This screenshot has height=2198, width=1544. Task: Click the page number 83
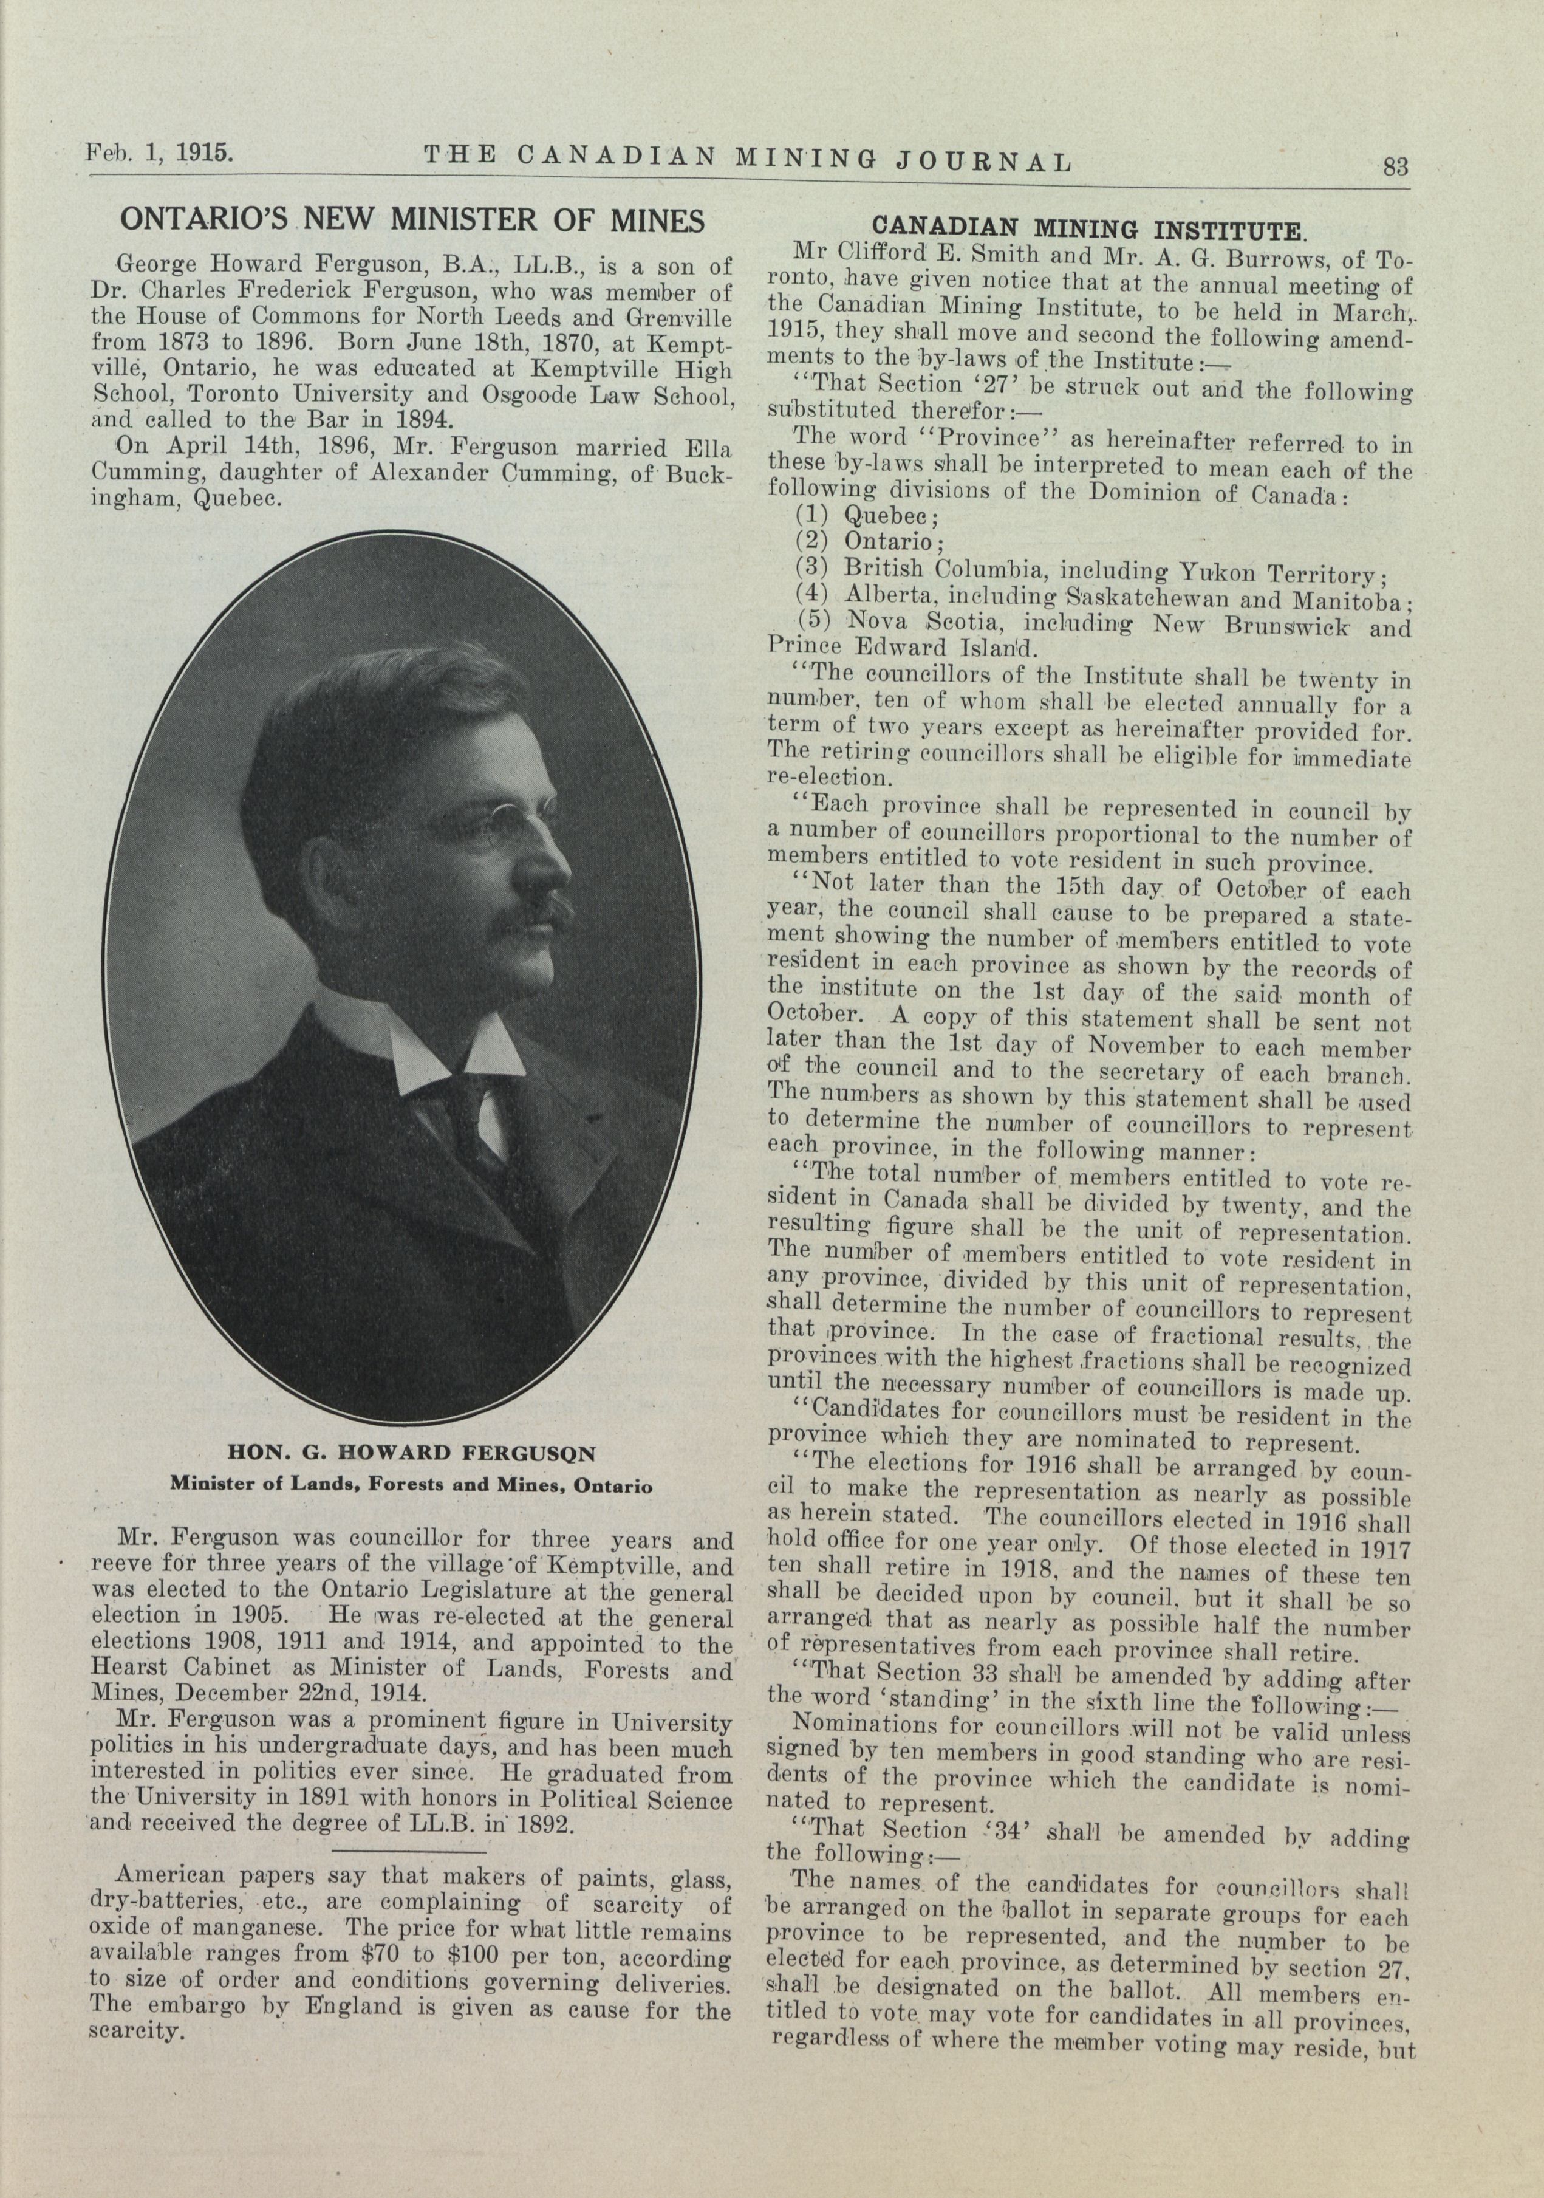(x=1395, y=166)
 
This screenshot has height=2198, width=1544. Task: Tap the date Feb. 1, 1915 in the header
(x=160, y=152)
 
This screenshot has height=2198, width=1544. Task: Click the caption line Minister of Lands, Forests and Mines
(x=412, y=1487)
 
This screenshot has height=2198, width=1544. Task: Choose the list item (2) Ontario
(x=870, y=542)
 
